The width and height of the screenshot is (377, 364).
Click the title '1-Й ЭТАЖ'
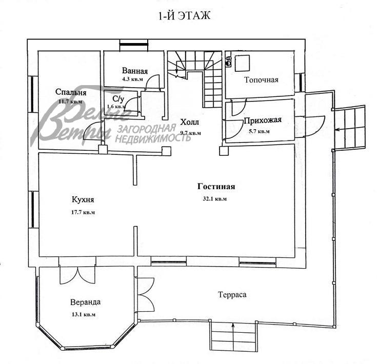185,16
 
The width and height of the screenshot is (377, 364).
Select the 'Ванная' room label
135,71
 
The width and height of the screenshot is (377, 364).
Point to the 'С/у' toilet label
118,98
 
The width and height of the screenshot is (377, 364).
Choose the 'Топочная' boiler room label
261,79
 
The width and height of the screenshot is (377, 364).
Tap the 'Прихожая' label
263,121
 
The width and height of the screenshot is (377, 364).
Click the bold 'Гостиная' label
216,187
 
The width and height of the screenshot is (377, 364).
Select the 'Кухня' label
83,200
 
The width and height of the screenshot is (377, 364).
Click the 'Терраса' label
232,295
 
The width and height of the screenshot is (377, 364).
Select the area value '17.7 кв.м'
83,211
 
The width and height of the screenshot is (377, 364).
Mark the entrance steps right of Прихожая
350,127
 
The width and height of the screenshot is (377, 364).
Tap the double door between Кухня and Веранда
77,275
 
